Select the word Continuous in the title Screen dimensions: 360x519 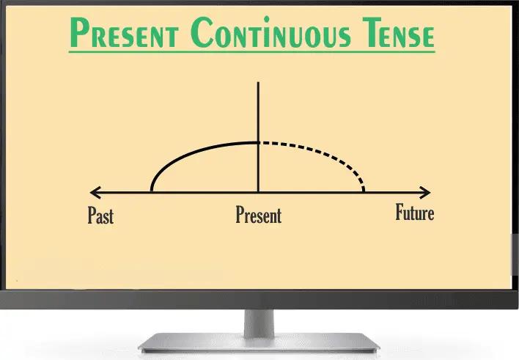275,33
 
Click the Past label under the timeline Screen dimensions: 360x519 100,216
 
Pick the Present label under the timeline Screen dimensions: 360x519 258,216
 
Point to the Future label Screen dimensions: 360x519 414,213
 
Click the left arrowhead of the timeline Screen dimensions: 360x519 92,193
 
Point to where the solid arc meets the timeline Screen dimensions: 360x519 152,192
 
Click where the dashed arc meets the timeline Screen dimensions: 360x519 364,192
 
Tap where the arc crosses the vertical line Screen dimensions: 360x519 258,142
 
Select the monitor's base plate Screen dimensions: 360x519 259,344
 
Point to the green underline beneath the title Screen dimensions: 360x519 251,51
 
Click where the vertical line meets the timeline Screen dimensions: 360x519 258,193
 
